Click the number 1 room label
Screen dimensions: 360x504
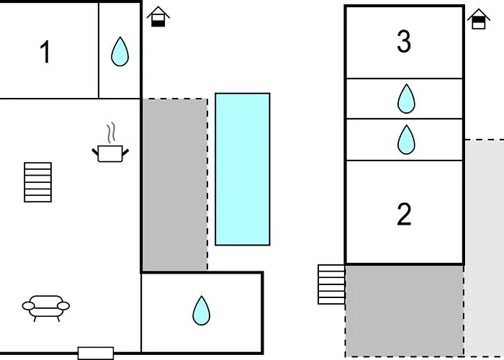[x=45, y=53]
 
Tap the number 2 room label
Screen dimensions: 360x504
[x=404, y=214]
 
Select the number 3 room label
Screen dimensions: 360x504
[x=404, y=42]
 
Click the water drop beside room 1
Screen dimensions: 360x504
[x=120, y=52]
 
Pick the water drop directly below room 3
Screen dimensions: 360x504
[x=406, y=99]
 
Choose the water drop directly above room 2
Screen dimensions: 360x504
[x=406, y=140]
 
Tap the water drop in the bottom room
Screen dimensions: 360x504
[x=201, y=310]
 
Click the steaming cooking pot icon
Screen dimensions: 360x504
[x=110, y=152]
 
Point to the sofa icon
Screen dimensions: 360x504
[x=46, y=305]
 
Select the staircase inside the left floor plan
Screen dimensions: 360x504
[x=38, y=182]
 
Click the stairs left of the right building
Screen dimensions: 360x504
[x=332, y=284]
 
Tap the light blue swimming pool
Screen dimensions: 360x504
[x=243, y=169]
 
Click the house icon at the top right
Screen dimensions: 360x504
[x=478, y=19]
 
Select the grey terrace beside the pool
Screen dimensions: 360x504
[x=174, y=185]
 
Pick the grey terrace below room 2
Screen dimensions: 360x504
[x=404, y=310]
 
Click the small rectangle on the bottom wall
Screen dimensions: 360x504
[x=95, y=353]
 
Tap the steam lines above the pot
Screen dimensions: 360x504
[x=110, y=133]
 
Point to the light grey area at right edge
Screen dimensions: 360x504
[x=484, y=245]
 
